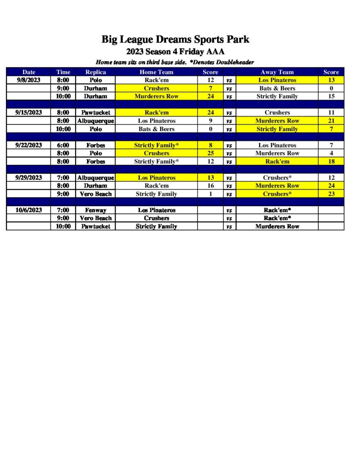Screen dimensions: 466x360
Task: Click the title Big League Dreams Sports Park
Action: (175, 40)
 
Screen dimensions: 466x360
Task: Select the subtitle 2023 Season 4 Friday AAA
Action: (175, 52)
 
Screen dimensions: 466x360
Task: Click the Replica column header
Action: (96, 72)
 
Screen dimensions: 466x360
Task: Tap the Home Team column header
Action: (156, 72)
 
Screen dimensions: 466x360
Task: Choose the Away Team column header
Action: (277, 72)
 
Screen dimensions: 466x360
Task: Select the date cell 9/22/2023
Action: (28, 145)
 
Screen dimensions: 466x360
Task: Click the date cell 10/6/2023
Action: (28, 210)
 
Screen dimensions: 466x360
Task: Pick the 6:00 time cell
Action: (63, 145)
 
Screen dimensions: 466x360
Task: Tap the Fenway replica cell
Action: (96, 210)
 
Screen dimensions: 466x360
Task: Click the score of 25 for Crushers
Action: (210, 153)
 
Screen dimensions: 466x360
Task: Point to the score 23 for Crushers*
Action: (331, 194)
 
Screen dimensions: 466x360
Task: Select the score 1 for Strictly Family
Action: (210, 194)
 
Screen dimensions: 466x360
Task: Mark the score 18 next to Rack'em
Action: (331, 162)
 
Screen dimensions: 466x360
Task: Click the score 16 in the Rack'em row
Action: (210, 186)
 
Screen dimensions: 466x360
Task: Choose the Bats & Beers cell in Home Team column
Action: (156, 129)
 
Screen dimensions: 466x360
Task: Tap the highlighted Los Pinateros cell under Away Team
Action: (277, 80)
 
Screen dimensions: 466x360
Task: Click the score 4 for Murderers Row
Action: (331, 153)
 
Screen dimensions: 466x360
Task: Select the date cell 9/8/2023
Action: (28, 80)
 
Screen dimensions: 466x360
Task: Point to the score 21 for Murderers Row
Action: (331, 121)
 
